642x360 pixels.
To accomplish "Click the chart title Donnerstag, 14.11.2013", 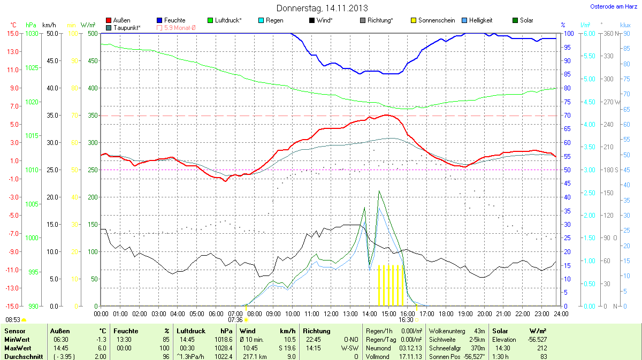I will point(322,8).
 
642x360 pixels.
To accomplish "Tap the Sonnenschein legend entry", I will point(432,20).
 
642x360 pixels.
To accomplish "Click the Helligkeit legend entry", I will point(476,20).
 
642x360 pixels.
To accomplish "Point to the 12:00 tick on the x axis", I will point(331,313).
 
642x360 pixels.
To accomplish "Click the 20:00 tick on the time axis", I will point(484,313).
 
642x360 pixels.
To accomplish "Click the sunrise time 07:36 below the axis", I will point(235,319).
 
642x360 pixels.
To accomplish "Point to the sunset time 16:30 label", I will point(406,319).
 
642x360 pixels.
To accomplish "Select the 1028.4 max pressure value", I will point(223,348).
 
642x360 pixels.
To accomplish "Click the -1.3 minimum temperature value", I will point(101,340).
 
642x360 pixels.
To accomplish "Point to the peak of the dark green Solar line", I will point(379,191).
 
